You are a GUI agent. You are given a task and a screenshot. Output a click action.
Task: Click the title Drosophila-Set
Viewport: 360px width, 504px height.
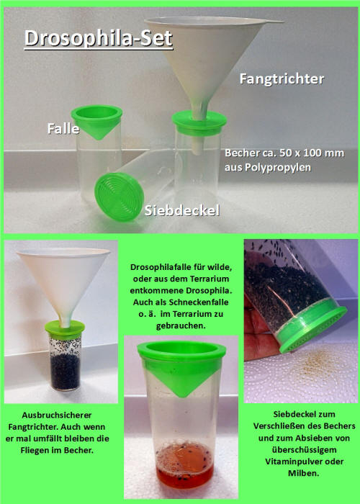tap(99, 37)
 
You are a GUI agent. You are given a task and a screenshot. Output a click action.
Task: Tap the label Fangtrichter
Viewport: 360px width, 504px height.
tap(282, 78)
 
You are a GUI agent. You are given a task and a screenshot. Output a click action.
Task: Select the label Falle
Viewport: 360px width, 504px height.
tap(63, 127)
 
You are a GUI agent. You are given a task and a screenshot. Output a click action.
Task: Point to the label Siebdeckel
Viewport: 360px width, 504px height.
tap(181, 210)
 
